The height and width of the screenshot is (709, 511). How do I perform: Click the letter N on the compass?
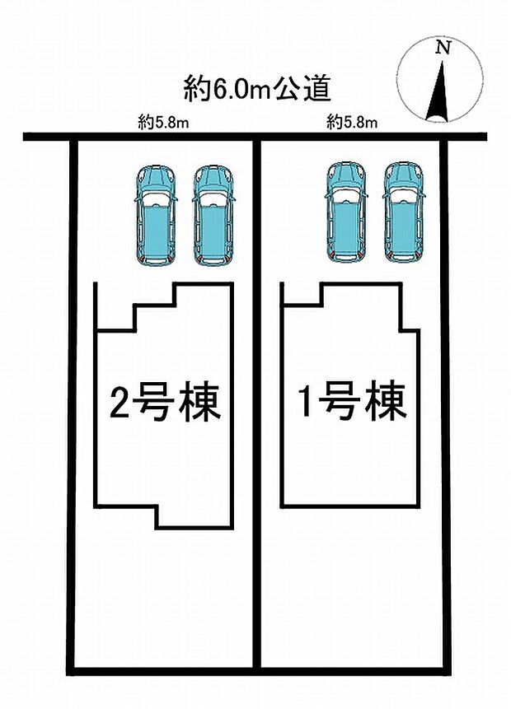tap(444, 49)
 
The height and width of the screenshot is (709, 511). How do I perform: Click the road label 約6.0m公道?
tap(257, 88)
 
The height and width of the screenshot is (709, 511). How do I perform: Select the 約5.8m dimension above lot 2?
tap(163, 123)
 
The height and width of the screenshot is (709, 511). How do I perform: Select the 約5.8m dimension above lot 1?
tap(352, 123)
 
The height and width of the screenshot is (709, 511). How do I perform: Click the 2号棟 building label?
tap(165, 403)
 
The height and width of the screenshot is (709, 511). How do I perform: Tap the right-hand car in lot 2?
tap(213, 216)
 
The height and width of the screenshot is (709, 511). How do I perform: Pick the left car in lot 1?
tap(346, 212)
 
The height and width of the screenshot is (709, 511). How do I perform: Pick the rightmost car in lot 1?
tap(403, 212)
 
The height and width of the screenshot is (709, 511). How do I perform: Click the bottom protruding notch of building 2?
tap(195, 516)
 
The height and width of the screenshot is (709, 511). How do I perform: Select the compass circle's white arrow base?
tap(438, 119)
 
